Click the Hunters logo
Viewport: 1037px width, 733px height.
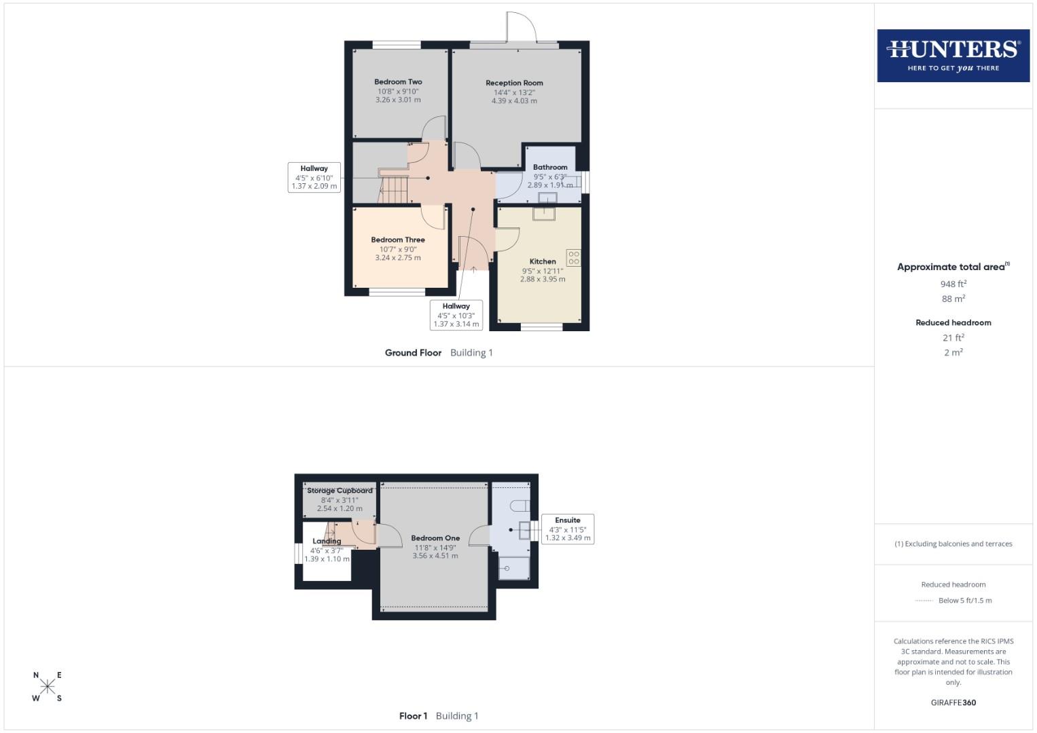pyautogui.click(x=953, y=56)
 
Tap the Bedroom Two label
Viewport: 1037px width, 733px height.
pyautogui.click(x=398, y=82)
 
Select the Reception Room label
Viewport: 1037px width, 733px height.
pyautogui.click(x=514, y=83)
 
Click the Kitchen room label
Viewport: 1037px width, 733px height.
pyautogui.click(x=543, y=261)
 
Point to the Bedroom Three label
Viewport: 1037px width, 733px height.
pyautogui.click(x=398, y=240)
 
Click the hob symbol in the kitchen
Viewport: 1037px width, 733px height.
pyautogui.click(x=573, y=258)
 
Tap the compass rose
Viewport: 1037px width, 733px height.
pyautogui.click(x=48, y=686)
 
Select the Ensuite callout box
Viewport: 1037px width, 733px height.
pyautogui.click(x=568, y=529)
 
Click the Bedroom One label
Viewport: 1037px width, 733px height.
pyautogui.click(x=435, y=538)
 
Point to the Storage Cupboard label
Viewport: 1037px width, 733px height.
pyautogui.click(x=340, y=491)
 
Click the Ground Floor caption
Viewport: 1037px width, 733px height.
pyautogui.click(x=413, y=353)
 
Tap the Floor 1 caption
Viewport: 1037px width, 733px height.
pyautogui.click(x=413, y=716)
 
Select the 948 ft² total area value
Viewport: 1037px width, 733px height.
pyautogui.click(x=953, y=284)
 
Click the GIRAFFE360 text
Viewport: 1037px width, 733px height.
pyautogui.click(x=953, y=703)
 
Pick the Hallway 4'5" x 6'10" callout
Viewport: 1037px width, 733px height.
pyautogui.click(x=314, y=177)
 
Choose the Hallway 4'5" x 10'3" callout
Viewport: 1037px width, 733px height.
pyautogui.click(x=456, y=316)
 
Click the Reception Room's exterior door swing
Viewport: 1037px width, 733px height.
pyautogui.click(x=522, y=28)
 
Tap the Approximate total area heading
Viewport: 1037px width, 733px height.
pyautogui.click(x=953, y=267)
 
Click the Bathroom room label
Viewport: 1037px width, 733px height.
pyautogui.click(x=550, y=167)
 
